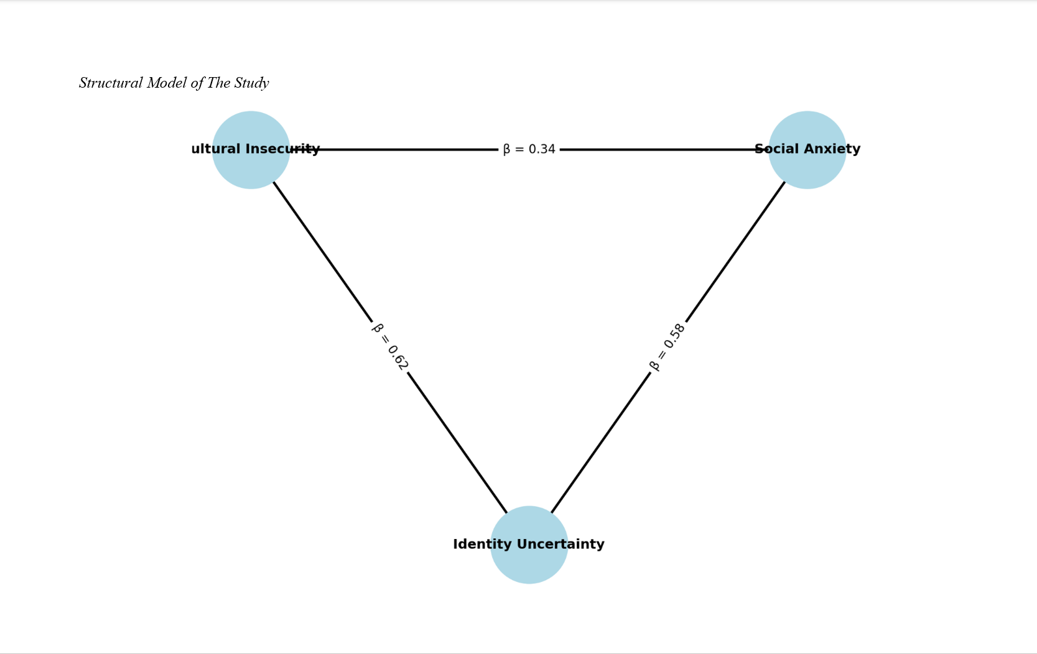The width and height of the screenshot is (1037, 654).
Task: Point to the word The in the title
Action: [219, 83]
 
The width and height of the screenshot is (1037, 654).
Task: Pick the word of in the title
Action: [197, 83]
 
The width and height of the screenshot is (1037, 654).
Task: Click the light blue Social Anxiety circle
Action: [807, 171]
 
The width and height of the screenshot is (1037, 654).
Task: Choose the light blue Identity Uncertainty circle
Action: [529, 566]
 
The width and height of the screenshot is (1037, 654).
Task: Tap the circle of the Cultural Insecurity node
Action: [250, 171]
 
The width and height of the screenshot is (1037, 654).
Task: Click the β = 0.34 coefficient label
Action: [529, 149]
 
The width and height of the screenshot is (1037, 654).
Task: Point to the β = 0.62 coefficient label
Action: [390, 346]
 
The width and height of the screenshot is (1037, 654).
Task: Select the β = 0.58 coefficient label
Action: [667, 346]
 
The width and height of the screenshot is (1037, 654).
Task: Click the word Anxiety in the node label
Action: [834, 149]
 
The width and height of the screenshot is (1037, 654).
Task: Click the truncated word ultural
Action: [216, 149]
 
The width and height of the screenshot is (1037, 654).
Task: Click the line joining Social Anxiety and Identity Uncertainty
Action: [734, 255]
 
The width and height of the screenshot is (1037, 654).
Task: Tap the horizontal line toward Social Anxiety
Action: [653, 149]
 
